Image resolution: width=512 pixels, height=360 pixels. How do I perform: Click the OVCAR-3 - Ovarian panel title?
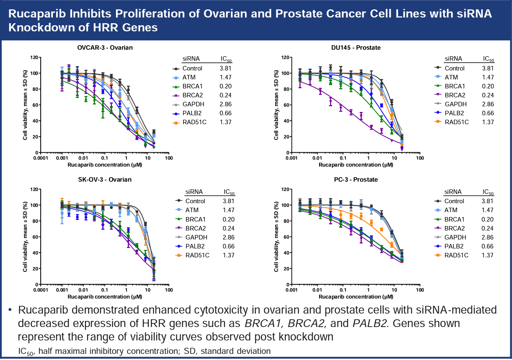coord(105,48)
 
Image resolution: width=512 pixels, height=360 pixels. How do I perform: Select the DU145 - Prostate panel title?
coord(356,48)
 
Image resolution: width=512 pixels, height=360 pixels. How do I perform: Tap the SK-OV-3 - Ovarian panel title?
coord(105,180)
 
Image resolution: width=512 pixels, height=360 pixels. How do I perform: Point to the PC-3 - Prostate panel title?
coord(356,180)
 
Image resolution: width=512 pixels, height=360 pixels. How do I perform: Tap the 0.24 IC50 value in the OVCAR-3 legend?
coord(226,95)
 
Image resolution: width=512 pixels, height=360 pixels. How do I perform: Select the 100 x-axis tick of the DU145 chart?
coord(419,158)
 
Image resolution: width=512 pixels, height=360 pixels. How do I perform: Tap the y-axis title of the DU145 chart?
coord(277,105)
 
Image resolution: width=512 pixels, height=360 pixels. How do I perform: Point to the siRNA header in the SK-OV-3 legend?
coord(194,192)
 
